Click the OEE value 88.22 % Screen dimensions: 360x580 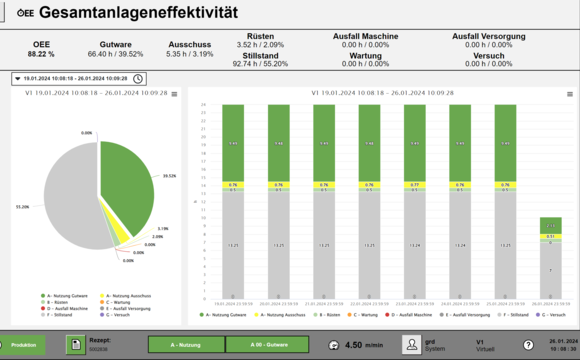pyautogui.click(x=41, y=54)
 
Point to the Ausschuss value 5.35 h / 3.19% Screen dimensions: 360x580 pyautogui.click(x=189, y=54)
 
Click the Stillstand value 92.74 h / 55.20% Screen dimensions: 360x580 pyautogui.click(x=261, y=63)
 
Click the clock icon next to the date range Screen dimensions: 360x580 pyautogui.click(x=138, y=78)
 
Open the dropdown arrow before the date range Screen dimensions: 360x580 pyautogui.click(x=18, y=78)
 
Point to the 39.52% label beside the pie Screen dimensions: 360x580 pyautogui.click(x=169, y=174)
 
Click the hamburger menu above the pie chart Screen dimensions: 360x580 pyautogui.click(x=174, y=94)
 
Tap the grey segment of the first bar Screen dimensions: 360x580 pyautogui.click(x=233, y=245)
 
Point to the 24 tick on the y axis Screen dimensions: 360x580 pyautogui.click(x=203, y=104)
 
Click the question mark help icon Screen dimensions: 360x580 pyautogui.click(x=527, y=344)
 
